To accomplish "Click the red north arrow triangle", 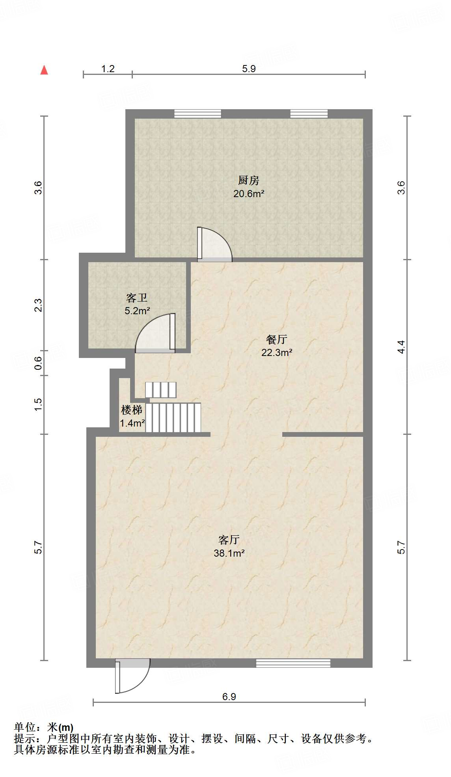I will click(x=44, y=70).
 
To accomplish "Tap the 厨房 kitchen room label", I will click(x=248, y=181).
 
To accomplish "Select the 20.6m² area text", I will click(x=248, y=194).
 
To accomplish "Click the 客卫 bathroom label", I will click(x=137, y=298).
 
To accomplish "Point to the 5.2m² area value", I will click(x=137, y=311).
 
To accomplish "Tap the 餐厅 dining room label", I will click(x=276, y=339).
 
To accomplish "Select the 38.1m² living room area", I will click(x=229, y=553).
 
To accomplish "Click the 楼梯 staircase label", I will click(x=131, y=410).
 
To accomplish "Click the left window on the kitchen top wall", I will click(x=198, y=114).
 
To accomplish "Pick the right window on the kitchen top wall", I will click(x=309, y=114).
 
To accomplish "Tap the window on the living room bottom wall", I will click(x=293, y=663).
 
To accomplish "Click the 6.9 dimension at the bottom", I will click(x=229, y=697).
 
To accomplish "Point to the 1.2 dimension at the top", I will click(x=108, y=69).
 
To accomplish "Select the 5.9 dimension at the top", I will click(x=249, y=69).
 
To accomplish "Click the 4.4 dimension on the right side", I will click(x=401, y=347).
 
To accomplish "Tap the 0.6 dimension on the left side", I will click(x=38, y=363).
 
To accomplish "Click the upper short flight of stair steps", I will click(x=160, y=390).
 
